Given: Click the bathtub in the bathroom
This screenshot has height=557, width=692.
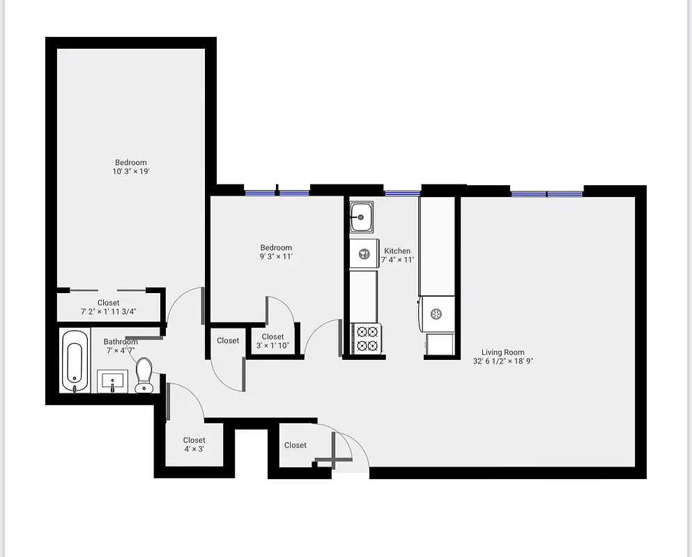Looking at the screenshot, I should click(x=75, y=361).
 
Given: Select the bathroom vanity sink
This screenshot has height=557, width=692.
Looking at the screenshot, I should click(x=112, y=382).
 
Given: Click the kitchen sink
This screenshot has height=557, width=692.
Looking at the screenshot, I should click(x=361, y=217).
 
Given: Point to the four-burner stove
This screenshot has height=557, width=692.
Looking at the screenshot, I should click(x=367, y=338).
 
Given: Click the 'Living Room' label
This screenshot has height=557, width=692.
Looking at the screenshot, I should click(x=502, y=352).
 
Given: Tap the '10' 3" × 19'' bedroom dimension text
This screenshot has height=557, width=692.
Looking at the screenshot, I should click(x=131, y=171).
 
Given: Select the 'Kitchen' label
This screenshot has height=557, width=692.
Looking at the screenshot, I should click(x=397, y=251).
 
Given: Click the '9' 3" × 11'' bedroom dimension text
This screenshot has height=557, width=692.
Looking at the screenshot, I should click(x=276, y=256).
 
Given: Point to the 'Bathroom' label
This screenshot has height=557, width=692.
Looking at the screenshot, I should click(x=121, y=342).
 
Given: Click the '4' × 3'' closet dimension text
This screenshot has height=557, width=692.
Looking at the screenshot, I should click(x=194, y=449).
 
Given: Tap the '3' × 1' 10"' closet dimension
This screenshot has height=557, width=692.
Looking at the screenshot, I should click(x=272, y=346).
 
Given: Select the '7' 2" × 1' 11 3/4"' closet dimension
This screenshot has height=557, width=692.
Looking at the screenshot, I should click(x=109, y=312).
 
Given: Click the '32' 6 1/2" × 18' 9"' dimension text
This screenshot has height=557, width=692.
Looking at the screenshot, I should click(x=502, y=361).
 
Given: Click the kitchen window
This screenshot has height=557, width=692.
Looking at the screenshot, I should click(x=402, y=193).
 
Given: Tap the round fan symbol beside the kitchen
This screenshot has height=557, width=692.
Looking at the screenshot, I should click(x=436, y=314).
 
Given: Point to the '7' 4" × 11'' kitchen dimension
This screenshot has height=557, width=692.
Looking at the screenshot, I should click(x=397, y=260).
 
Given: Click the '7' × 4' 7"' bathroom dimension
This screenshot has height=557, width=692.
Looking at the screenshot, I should click(x=121, y=350).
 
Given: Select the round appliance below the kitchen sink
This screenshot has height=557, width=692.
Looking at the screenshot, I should click(x=364, y=254).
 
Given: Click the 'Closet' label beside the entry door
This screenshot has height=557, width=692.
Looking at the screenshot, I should click(x=295, y=445).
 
